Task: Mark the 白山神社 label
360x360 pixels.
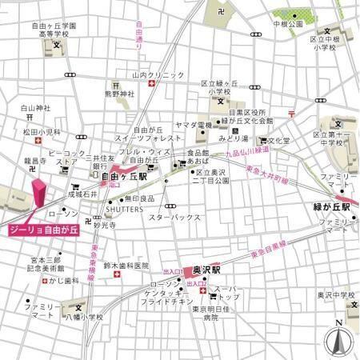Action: [x=36, y=107]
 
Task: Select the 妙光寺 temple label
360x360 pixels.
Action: [x=104, y=226]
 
